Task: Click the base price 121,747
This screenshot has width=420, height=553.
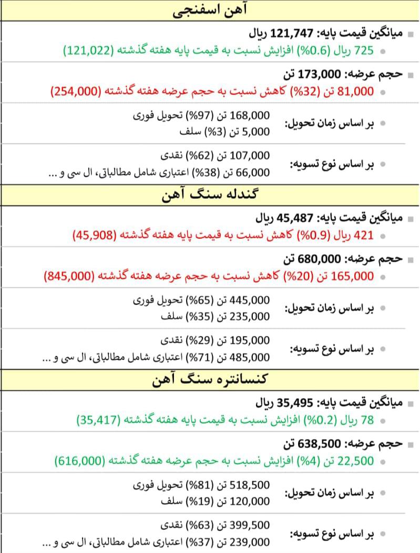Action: (292, 34)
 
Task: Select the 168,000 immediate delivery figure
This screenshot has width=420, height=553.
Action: (250, 115)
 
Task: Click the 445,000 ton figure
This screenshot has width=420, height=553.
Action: (250, 300)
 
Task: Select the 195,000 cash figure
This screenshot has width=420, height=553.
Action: (250, 341)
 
